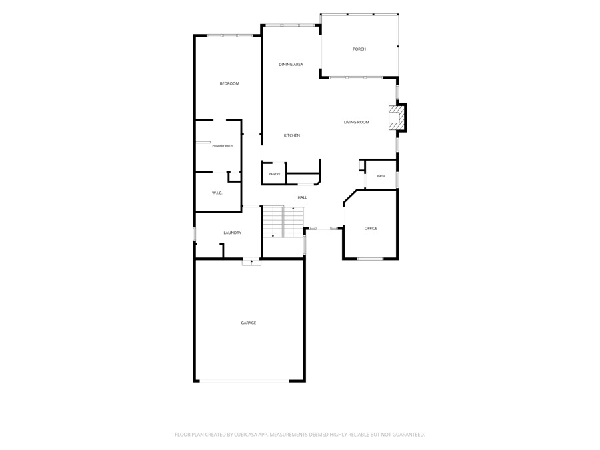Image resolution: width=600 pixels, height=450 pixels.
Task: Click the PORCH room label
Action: click(359, 49)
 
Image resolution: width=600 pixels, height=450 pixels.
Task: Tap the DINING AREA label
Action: click(291, 64)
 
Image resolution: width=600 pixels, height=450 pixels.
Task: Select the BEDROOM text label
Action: click(229, 83)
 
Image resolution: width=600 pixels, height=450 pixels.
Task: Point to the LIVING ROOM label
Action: click(356, 122)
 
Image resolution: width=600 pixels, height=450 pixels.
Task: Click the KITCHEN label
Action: click(291, 135)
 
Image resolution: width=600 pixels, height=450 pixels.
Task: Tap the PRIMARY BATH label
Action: click(222, 146)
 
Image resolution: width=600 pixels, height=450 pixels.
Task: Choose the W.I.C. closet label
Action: click(217, 193)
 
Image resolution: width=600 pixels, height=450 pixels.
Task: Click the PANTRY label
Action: click(275, 174)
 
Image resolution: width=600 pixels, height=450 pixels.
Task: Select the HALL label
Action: click(302, 197)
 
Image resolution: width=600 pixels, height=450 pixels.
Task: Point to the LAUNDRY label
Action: click(232, 233)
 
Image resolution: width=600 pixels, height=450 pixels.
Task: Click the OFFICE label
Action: click(371, 228)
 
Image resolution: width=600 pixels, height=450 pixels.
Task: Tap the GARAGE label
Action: click(249, 323)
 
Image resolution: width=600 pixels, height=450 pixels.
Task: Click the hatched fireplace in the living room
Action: click(395, 117)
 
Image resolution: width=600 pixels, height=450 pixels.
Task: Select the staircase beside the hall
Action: click(283, 221)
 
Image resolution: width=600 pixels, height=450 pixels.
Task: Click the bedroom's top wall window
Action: click(229, 35)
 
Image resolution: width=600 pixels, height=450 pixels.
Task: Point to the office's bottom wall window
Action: click(370, 259)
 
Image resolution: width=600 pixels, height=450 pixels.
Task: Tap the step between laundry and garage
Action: click(251, 263)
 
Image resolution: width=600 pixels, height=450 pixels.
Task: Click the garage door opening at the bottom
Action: click(245, 381)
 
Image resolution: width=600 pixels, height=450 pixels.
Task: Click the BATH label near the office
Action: click(381, 176)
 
